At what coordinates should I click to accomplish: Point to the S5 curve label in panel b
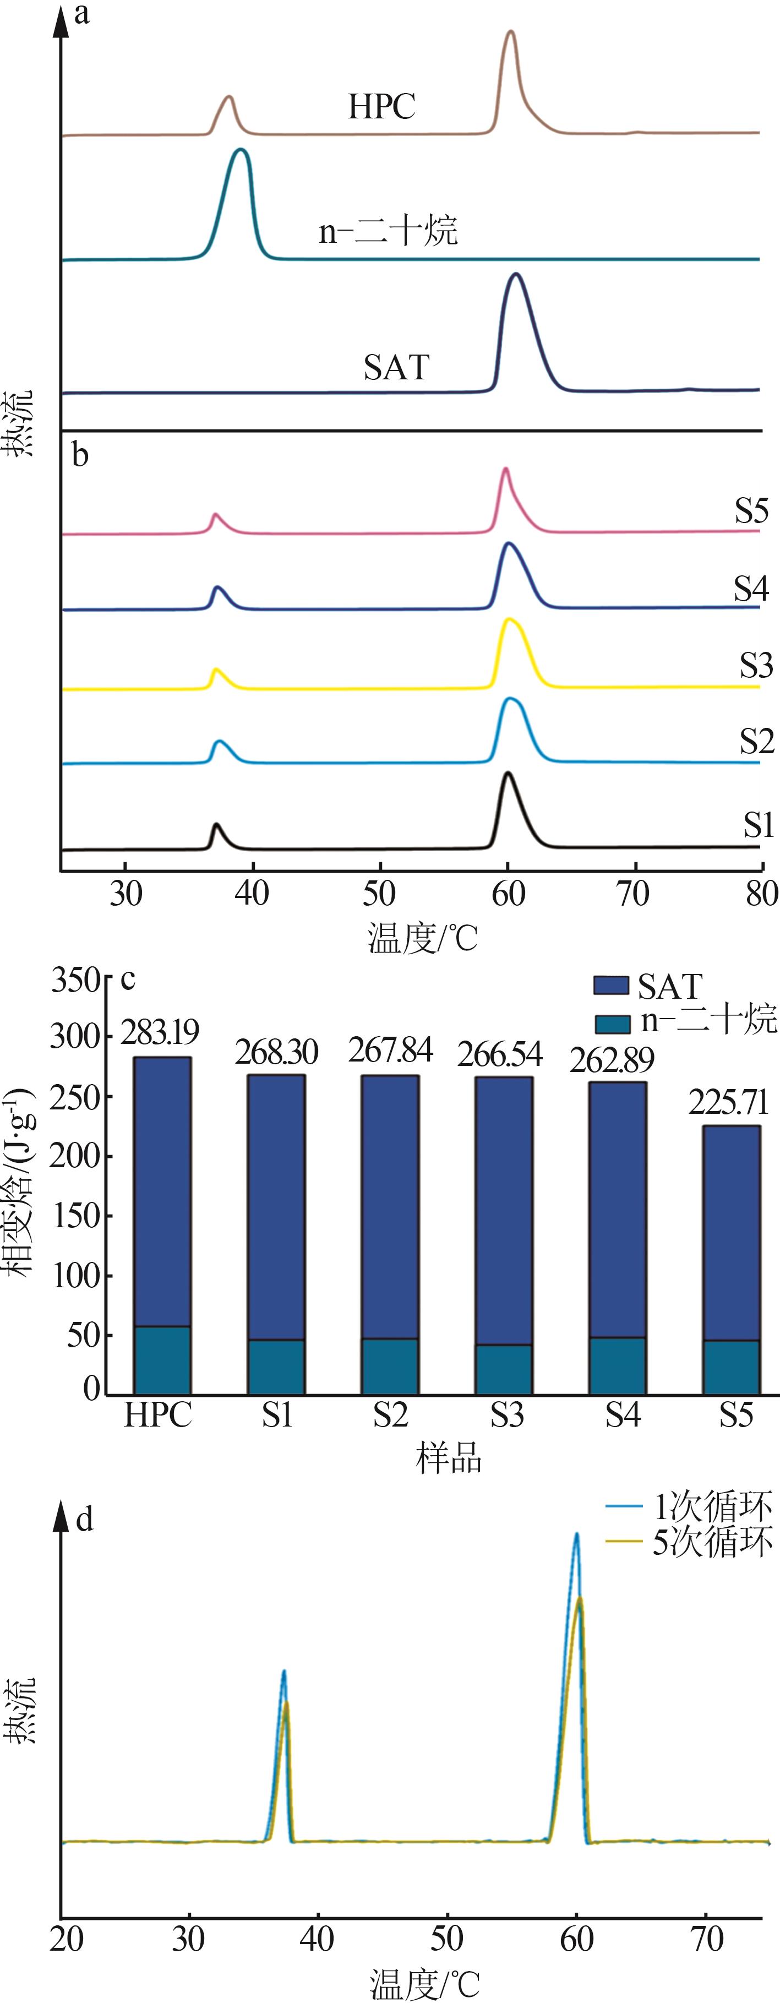pyautogui.click(x=751, y=511)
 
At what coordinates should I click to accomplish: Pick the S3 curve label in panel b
pyautogui.click(x=756, y=666)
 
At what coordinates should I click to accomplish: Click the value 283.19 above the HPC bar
pyautogui.click(x=160, y=1032)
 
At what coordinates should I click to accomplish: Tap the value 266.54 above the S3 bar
pyautogui.click(x=499, y=1054)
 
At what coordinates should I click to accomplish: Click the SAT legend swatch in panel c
pyautogui.click(x=610, y=985)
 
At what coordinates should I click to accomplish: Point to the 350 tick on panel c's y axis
pyautogui.click(x=75, y=981)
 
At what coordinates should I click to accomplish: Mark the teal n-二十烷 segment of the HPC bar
pyautogui.click(x=162, y=1360)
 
